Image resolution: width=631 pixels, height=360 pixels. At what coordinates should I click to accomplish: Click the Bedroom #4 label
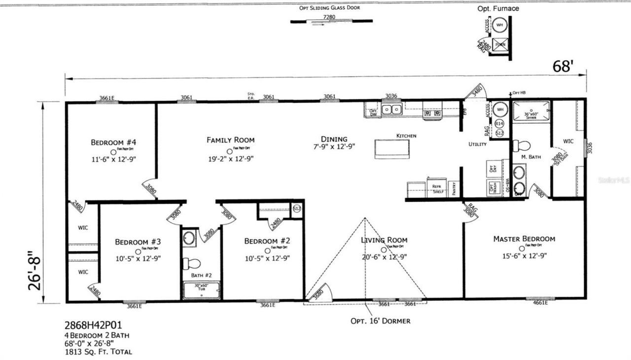pyautogui.click(x=113, y=143)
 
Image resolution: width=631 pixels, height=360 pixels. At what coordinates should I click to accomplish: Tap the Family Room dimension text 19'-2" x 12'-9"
pyautogui.click(x=230, y=159)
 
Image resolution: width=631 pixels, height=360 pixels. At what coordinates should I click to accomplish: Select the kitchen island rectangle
pyautogui.click(x=392, y=148)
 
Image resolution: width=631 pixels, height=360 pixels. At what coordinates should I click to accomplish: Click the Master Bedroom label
pyautogui.click(x=524, y=239)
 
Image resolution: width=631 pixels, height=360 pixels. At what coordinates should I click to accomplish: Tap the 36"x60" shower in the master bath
pyautogui.click(x=531, y=112)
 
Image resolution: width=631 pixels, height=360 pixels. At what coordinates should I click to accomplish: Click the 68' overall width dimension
pyautogui.click(x=562, y=67)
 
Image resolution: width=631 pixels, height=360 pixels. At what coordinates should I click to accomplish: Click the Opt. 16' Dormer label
pyautogui.click(x=380, y=321)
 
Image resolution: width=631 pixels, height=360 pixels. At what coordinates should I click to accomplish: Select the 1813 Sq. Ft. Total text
pyautogui.click(x=98, y=352)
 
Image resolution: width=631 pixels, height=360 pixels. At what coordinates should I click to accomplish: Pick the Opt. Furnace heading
pyautogui.click(x=498, y=8)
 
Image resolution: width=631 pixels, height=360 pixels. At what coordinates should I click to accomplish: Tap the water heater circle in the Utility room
pyautogui.click(x=499, y=109)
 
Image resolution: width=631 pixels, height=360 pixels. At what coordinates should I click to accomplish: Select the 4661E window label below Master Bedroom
pyautogui.click(x=540, y=303)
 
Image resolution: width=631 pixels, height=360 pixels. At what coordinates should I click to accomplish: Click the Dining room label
pyautogui.click(x=334, y=139)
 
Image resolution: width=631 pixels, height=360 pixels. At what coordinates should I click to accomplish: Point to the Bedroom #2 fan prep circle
pyautogui.click(x=267, y=250)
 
